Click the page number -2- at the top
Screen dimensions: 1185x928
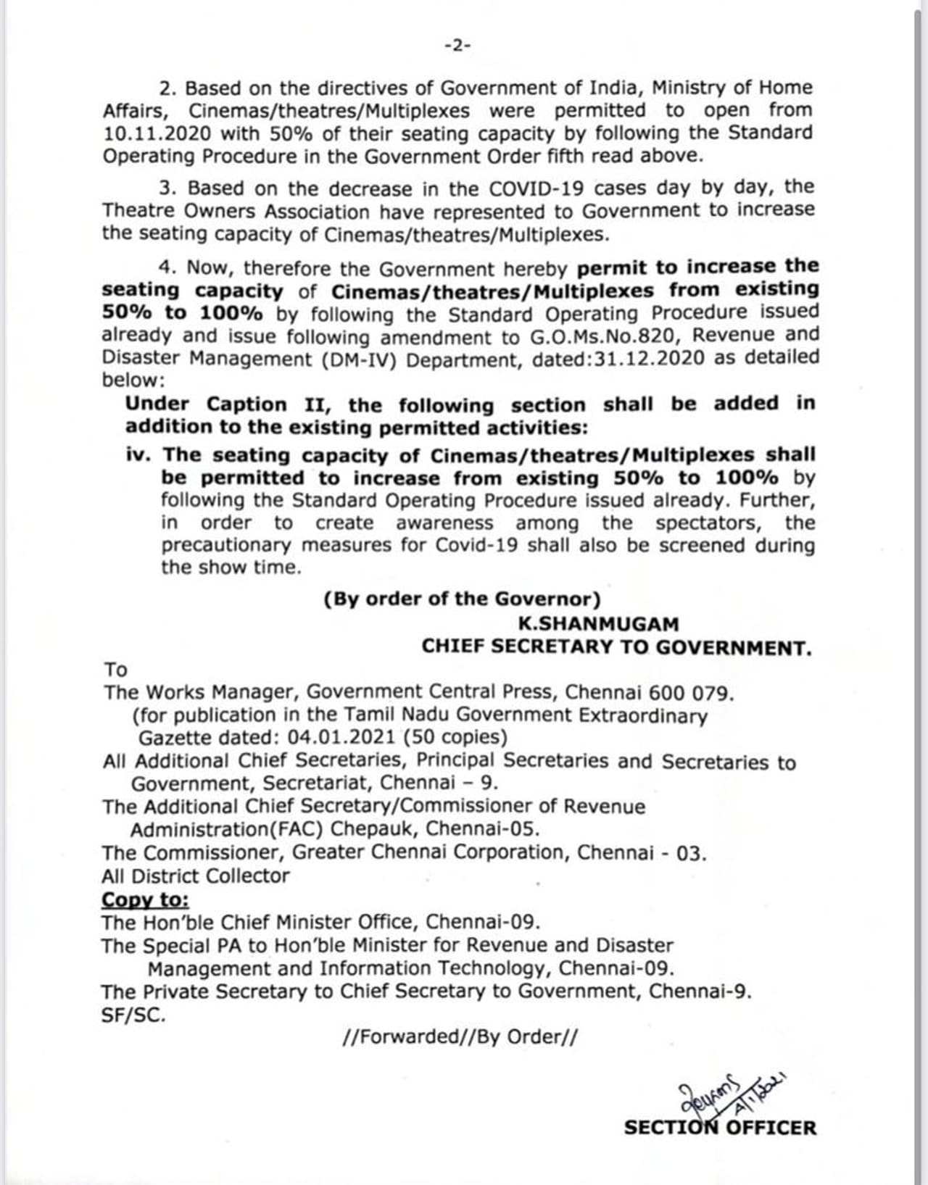click(x=457, y=46)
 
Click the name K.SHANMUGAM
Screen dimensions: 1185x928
click(x=598, y=624)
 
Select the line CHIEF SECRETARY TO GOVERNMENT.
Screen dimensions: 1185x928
click(x=617, y=646)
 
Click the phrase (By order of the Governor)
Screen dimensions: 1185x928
click(x=463, y=599)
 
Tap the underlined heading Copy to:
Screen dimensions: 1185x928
click(x=145, y=899)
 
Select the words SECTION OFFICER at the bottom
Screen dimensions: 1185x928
click(x=720, y=1128)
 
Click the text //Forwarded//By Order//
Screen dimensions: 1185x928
click(x=460, y=1036)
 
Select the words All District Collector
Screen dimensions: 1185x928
click(x=196, y=876)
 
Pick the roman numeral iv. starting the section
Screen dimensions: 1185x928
click(x=139, y=455)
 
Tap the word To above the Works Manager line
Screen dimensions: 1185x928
click(x=115, y=669)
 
